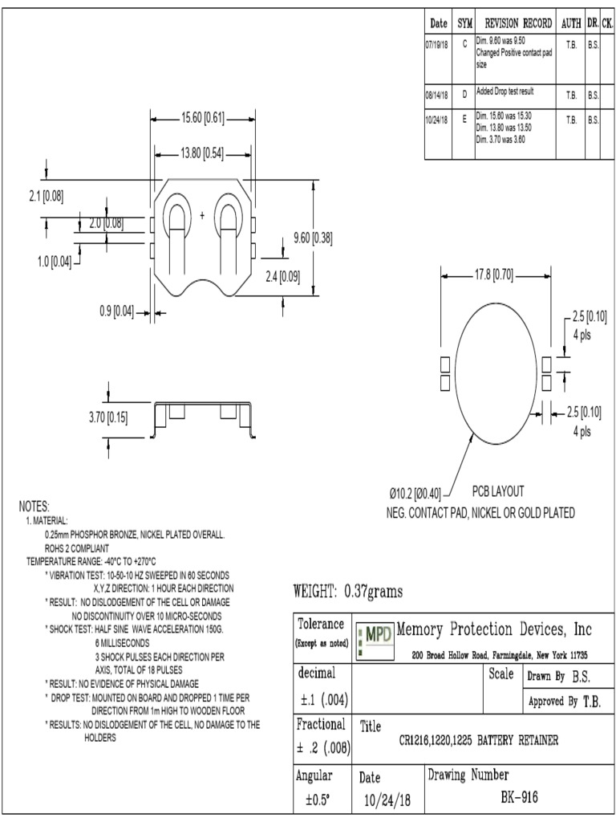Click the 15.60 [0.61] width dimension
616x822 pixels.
(x=202, y=119)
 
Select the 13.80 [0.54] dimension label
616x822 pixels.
(x=202, y=153)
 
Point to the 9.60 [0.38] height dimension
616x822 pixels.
(x=313, y=238)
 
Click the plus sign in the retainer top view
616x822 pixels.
(x=202, y=214)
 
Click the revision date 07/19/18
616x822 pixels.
(x=436, y=45)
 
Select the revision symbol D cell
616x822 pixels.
(x=464, y=95)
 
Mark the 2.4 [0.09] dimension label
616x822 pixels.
(x=282, y=277)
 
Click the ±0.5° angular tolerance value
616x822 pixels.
(x=320, y=800)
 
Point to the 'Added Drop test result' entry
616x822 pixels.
(x=505, y=92)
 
